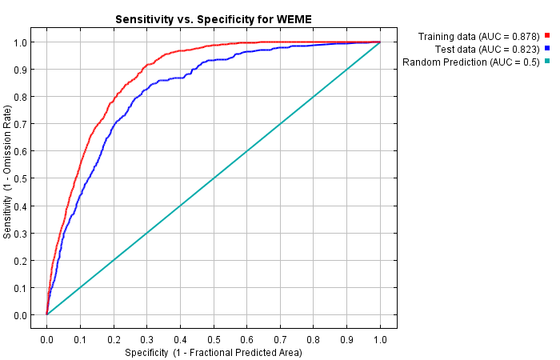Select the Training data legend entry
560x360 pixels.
pyautogui.click(x=479, y=36)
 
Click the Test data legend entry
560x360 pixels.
pyautogui.click(x=490, y=49)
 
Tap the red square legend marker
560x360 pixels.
pyautogui.click(x=547, y=36)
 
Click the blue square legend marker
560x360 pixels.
pyautogui.click(x=547, y=49)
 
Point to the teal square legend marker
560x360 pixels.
pyautogui.click(x=547, y=62)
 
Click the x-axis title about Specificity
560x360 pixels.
pyautogui.click(x=213, y=352)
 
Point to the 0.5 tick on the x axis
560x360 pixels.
pyautogui.click(x=214, y=339)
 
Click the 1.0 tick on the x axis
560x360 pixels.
pyautogui.click(x=380, y=339)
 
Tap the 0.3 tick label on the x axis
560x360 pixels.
pyautogui.click(x=146, y=339)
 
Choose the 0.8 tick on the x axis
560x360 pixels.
pyautogui.click(x=314, y=339)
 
